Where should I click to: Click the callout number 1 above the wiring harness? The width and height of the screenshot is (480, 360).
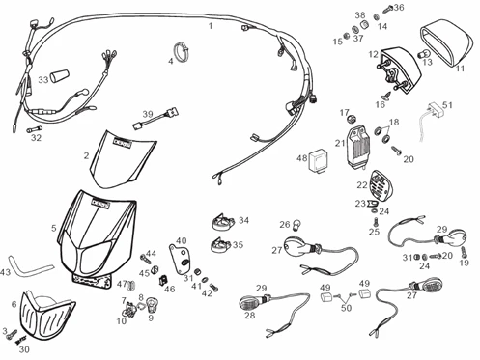coord(211,26)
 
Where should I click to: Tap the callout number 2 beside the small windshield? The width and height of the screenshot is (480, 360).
coord(86,154)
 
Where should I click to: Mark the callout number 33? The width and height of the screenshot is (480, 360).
coord(43,79)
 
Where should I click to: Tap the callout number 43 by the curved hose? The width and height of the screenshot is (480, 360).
coord(7,273)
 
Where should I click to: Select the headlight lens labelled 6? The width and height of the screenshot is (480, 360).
coord(44,312)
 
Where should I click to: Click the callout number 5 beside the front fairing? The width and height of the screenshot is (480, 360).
coord(54,229)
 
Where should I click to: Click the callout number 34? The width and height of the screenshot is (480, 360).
coord(243,220)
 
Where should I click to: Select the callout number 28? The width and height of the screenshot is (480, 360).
coord(249,314)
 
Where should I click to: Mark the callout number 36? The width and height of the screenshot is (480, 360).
coord(399,8)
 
